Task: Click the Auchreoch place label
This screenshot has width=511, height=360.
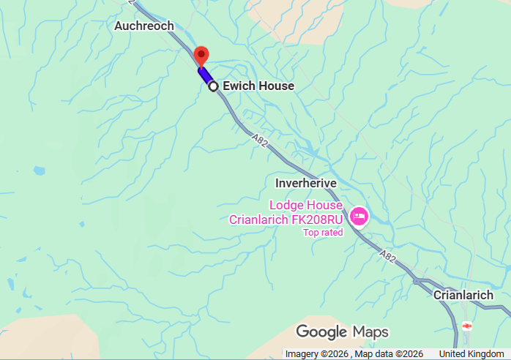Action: tap(144, 26)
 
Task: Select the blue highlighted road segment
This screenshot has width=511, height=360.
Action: tap(205, 75)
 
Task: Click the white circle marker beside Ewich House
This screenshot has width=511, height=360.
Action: tap(214, 86)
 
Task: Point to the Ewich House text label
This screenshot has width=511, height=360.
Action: tap(258, 86)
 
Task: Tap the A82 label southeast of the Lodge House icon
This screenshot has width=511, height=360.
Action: tap(389, 255)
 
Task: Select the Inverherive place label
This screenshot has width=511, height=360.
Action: tap(305, 182)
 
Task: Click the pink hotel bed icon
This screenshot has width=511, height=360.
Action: tap(359, 216)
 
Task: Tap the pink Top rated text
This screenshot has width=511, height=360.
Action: tap(323, 233)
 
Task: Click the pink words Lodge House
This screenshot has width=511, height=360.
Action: tap(305, 206)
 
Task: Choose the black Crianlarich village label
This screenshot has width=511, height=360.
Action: tap(463, 295)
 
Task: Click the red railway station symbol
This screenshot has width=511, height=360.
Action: tap(467, 326)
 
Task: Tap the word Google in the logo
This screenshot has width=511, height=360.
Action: tap(321, 331)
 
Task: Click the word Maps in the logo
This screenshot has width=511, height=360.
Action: tap(370, 331)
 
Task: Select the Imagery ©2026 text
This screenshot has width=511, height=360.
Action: tap(313, 354)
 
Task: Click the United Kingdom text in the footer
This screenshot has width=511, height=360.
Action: tap(471, 354)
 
